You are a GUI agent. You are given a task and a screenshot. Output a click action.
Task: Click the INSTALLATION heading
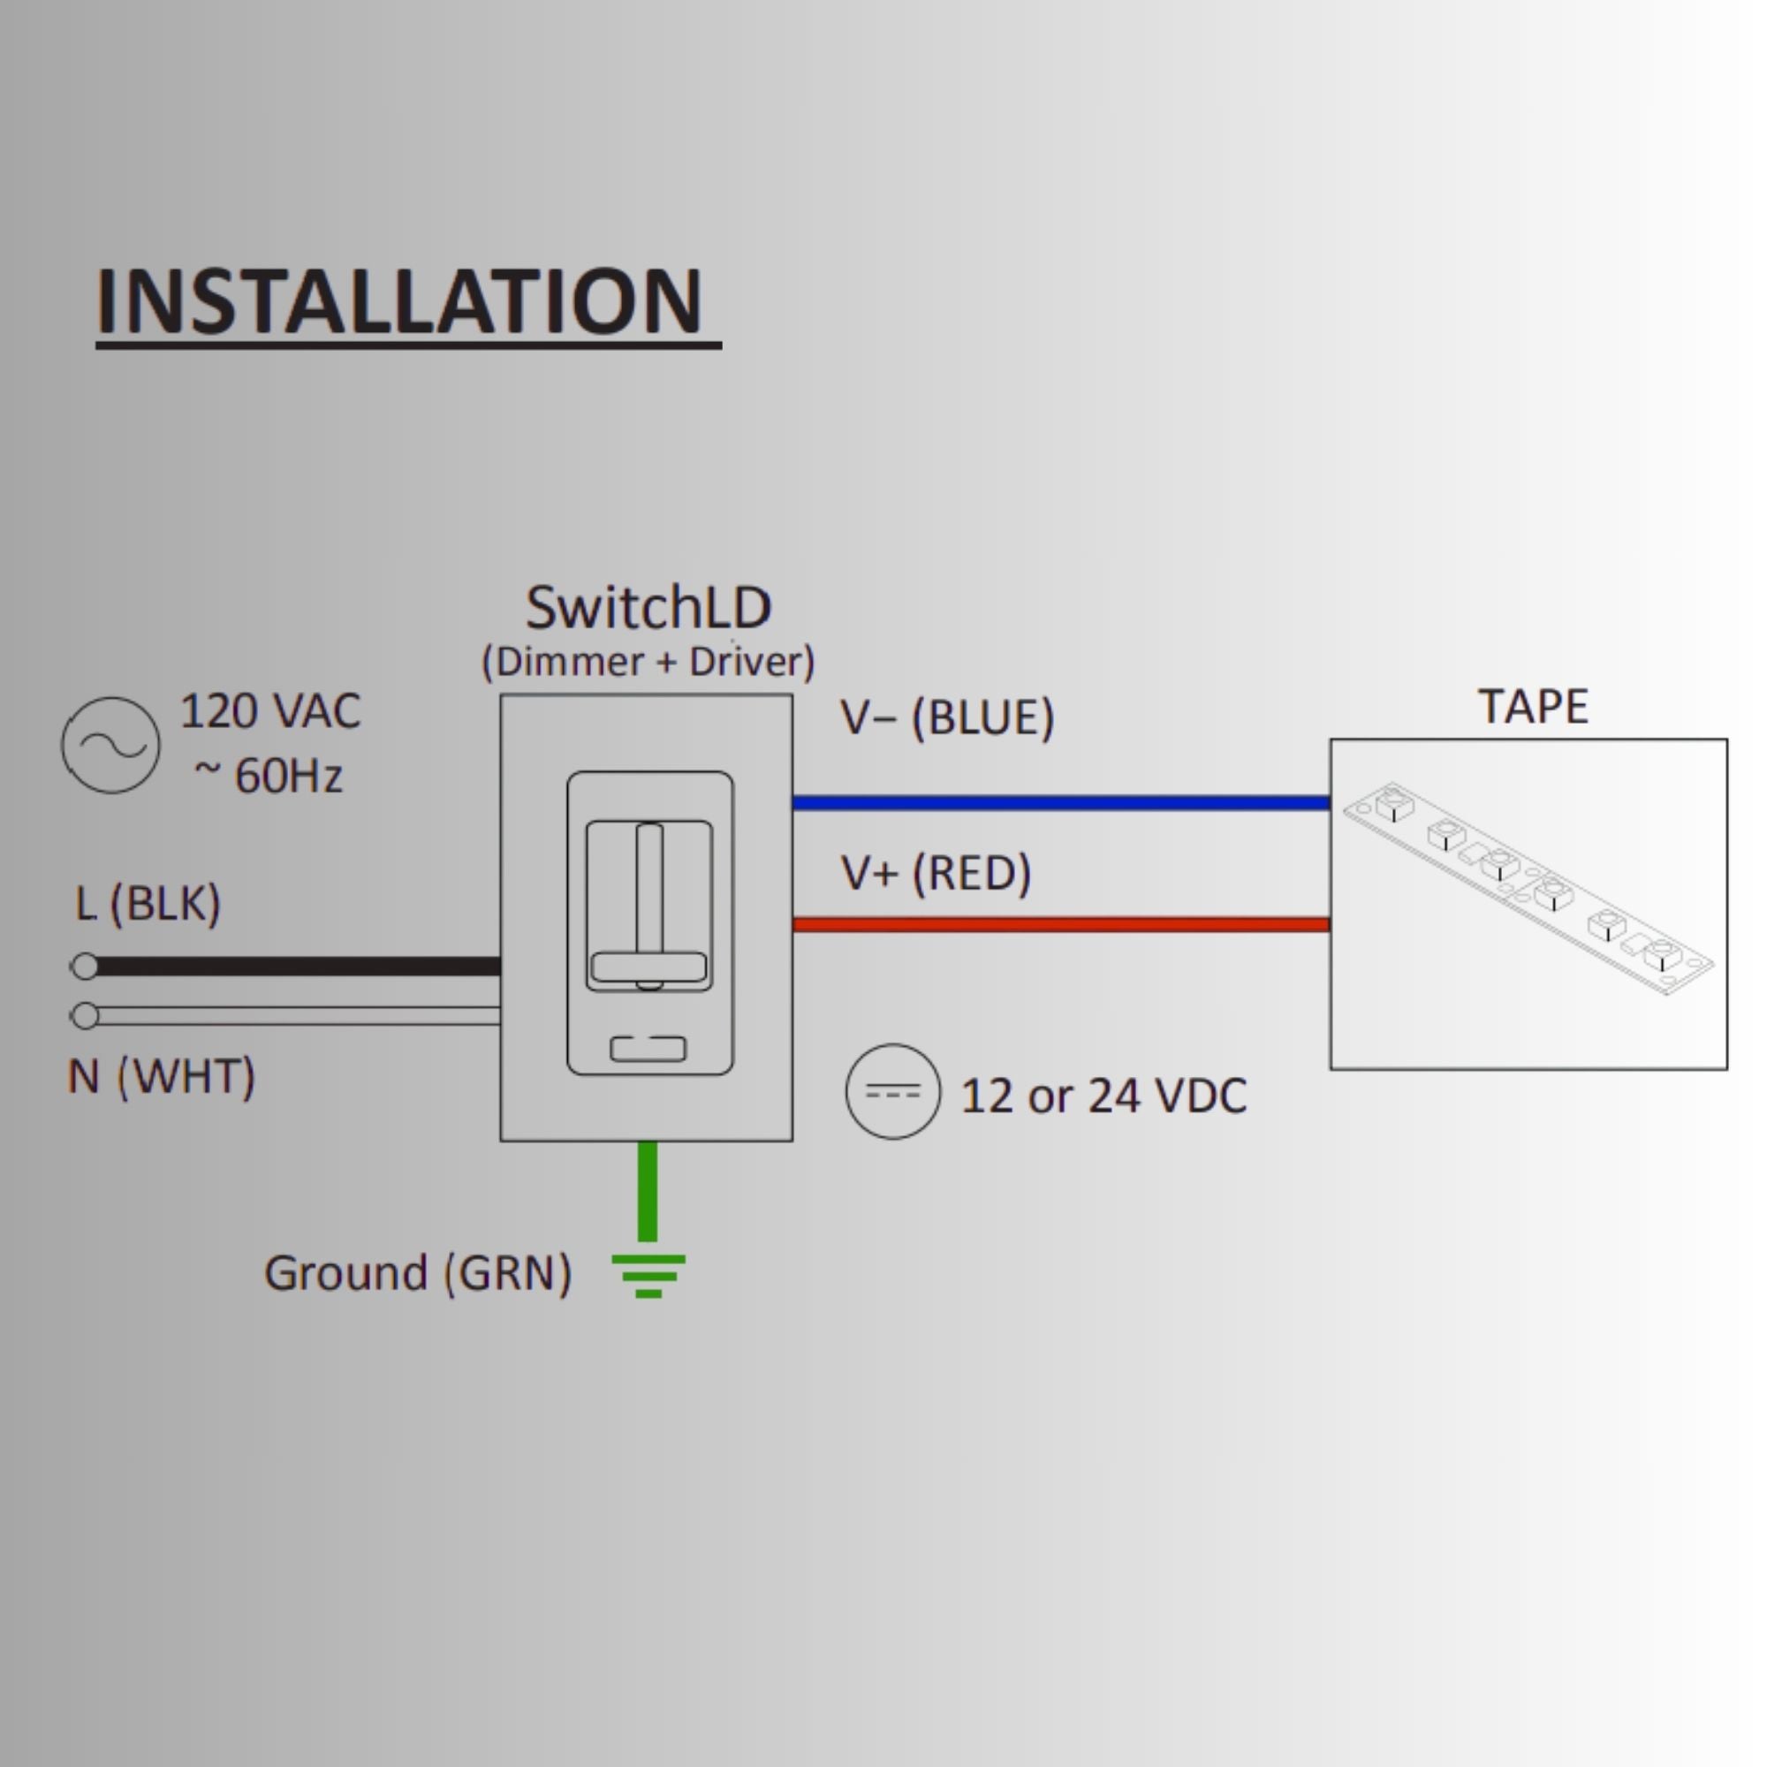pos(398,302)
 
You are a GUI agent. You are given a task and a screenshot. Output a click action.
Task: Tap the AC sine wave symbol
pos(110,746)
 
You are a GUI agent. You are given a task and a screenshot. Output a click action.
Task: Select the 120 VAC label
pos(270,711)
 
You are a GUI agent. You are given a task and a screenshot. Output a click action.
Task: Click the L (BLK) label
pos(148,904)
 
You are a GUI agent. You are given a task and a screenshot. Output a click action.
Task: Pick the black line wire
pos(292,967)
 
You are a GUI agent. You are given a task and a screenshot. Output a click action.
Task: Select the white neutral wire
pos(292,1016)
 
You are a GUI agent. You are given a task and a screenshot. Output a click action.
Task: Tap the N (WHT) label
pos(161,1076)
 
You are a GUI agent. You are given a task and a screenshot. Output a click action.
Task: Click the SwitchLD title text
pos(648,607)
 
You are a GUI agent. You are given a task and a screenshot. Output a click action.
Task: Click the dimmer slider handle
pos(648,967)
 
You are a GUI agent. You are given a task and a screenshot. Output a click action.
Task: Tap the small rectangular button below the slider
pos(648,1049)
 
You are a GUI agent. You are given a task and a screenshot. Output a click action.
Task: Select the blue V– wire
pos(1061,803)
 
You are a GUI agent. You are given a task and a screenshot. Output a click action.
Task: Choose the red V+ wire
pos(1061,925)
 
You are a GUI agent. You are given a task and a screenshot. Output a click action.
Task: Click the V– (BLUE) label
pos(947,717)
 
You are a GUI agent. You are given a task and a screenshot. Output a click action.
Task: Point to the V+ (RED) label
pos(936,873)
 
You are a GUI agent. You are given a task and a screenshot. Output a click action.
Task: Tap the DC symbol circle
pos(892,1092)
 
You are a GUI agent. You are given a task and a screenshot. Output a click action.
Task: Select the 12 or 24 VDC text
pos(1103,1096)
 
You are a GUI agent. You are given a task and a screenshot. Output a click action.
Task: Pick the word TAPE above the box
pos(1534,707)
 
